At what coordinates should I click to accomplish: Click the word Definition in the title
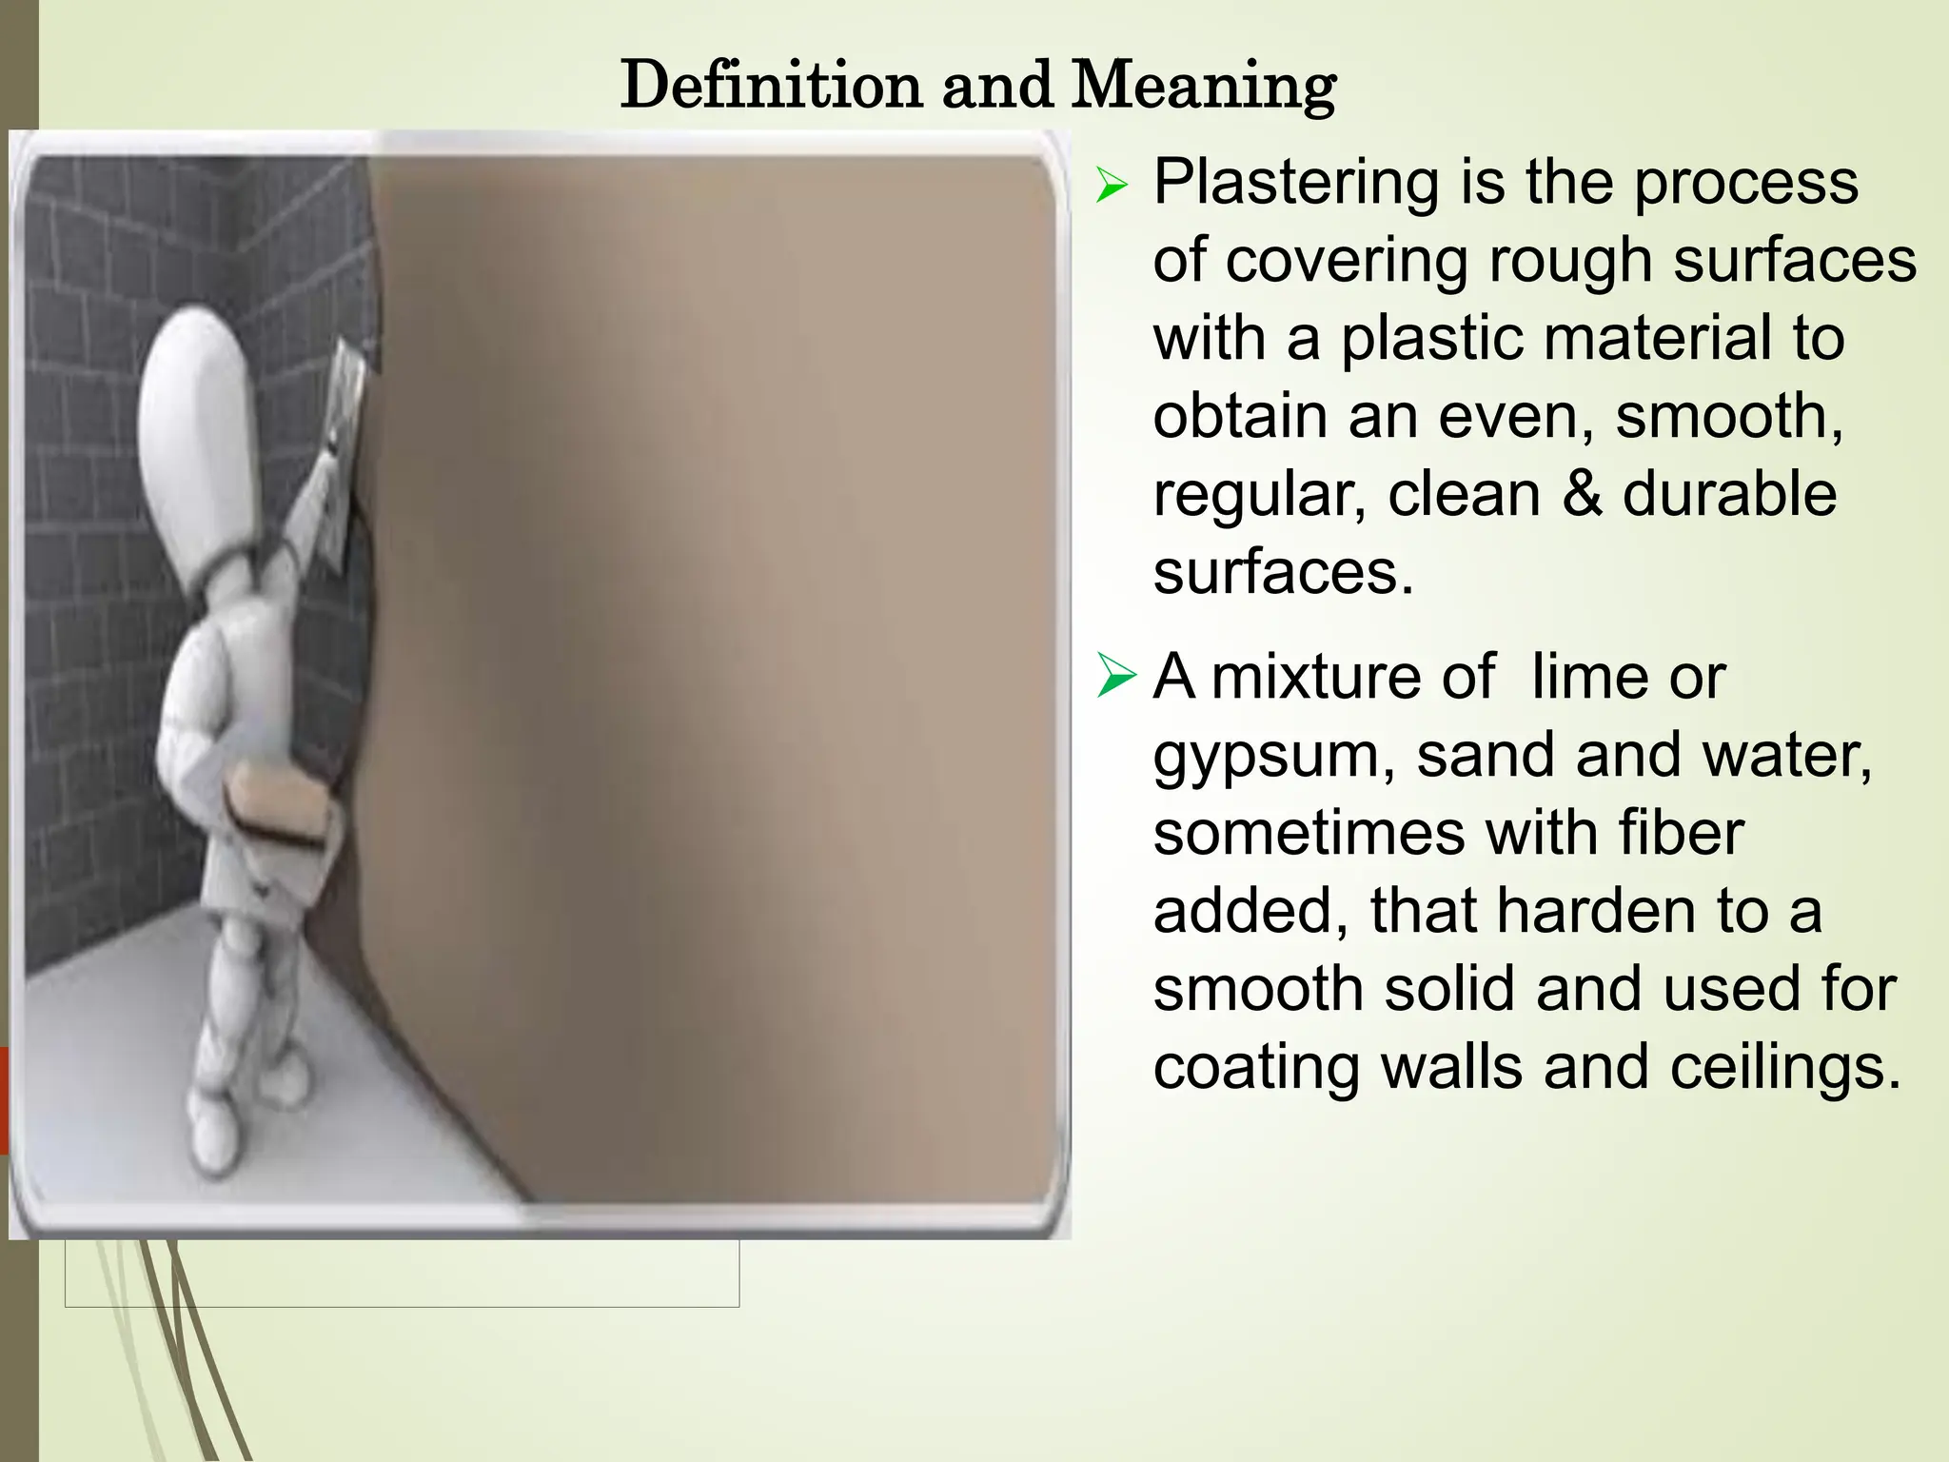(772, 86)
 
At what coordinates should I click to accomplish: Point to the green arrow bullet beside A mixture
(1115, 676)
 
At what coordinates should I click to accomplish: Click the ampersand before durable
(1581, 494)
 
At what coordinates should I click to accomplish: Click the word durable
(1729, 494)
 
